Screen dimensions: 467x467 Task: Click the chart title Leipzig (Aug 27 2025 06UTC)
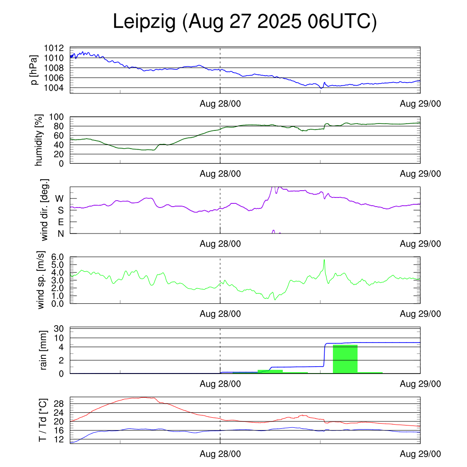click(245, 21)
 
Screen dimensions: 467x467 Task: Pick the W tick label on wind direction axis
click(59, 198)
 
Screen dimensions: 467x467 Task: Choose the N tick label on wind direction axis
click(60, 233)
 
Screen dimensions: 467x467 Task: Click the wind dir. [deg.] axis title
click(45, 210)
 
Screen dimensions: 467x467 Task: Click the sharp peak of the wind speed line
click(324, 260)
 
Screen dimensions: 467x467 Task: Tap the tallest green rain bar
click(345, 359)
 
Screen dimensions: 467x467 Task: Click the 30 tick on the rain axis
click(59, 329)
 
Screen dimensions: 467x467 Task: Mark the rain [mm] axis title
click(44, 351)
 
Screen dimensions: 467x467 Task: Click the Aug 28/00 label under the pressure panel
click(220, 104)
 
